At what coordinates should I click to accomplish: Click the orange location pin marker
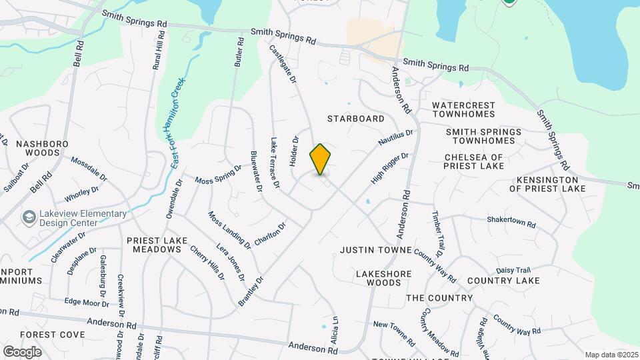tap(321, 159)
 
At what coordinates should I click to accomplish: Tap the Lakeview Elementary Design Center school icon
tap(29, 218)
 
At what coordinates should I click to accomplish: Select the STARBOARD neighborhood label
tap(356, 119)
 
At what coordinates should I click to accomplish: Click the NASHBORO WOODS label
tap(39, 148)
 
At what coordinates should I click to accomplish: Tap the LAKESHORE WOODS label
tap(383, 278)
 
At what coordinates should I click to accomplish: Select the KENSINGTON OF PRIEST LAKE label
tap(547, 184)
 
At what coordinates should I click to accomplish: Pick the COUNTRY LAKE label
tap(494, 281)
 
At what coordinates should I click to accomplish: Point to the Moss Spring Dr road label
tap(219, 175)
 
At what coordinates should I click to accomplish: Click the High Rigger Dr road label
tap(389, 169)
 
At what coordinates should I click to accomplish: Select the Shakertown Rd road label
tap(511, 221)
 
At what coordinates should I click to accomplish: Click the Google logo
tap(23, 351)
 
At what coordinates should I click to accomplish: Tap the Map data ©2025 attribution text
tap(610, 355)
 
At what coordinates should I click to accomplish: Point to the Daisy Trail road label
tap(513, 270)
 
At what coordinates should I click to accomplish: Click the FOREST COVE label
tap(53, 334)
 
